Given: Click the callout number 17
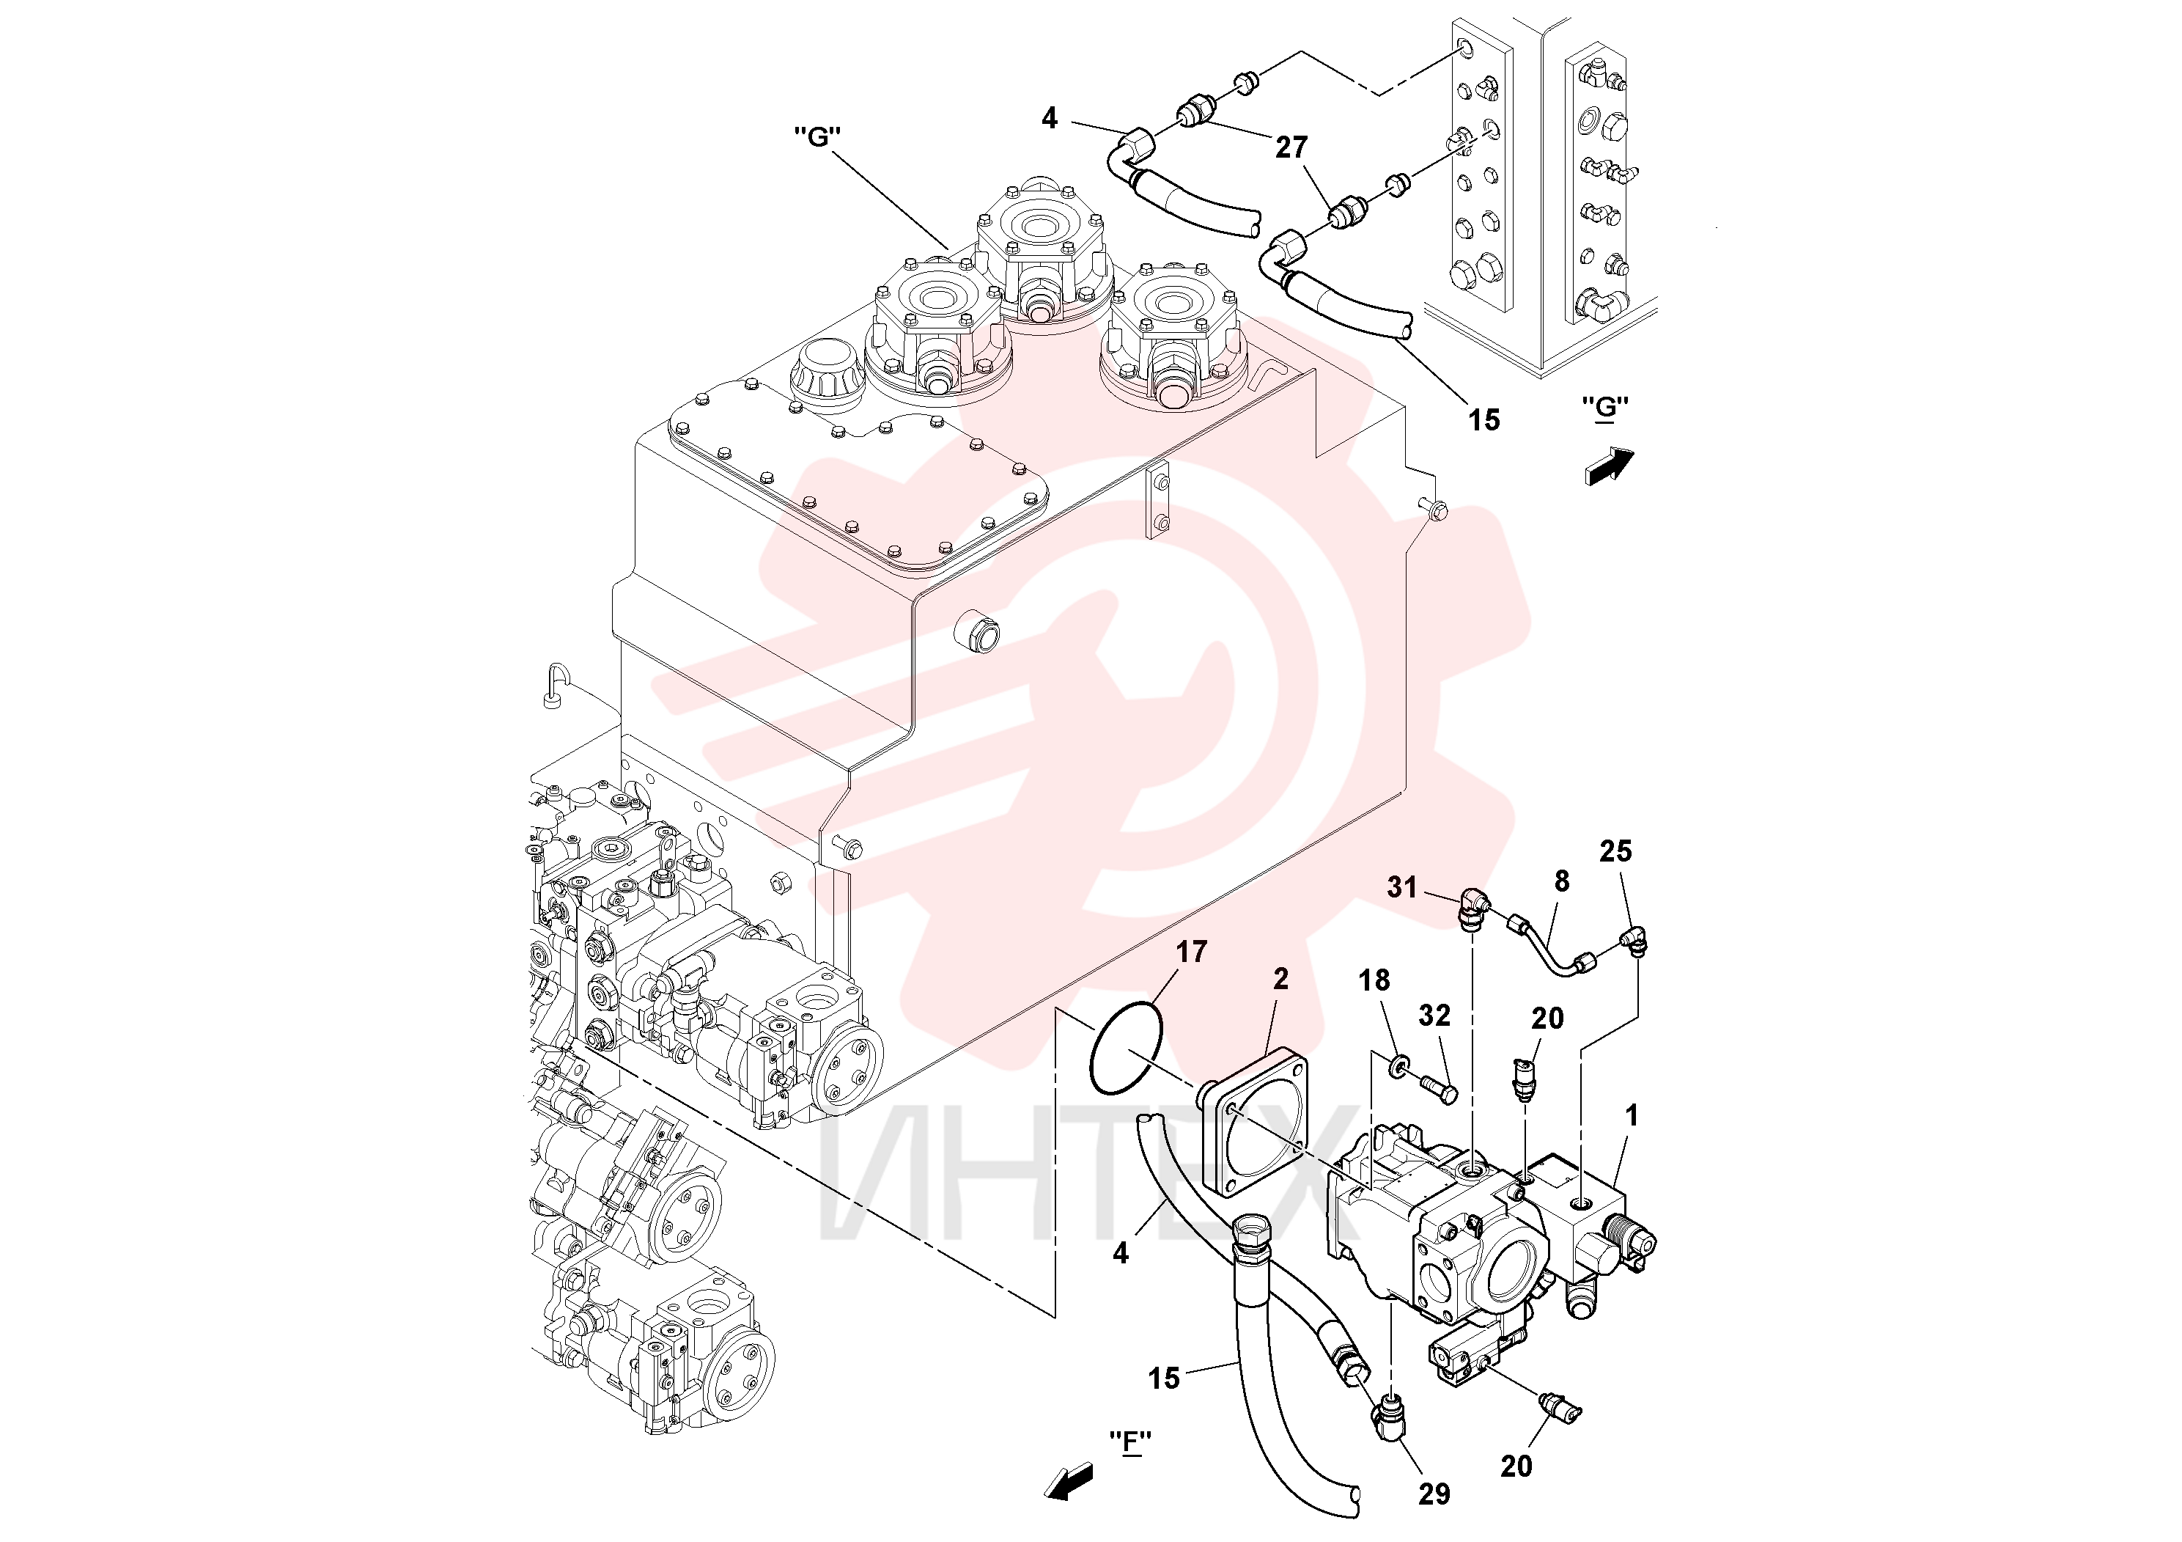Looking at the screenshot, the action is [x=1191, y=952].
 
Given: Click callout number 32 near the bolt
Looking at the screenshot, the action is [x=1435, y=1016].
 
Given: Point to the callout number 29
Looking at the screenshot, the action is [x=1434, y=1494].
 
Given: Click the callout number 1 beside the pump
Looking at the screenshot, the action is [x=1631, y=1115].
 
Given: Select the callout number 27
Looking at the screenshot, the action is [x=1292, y=147].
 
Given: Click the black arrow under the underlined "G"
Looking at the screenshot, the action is [x=1610, y=467].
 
